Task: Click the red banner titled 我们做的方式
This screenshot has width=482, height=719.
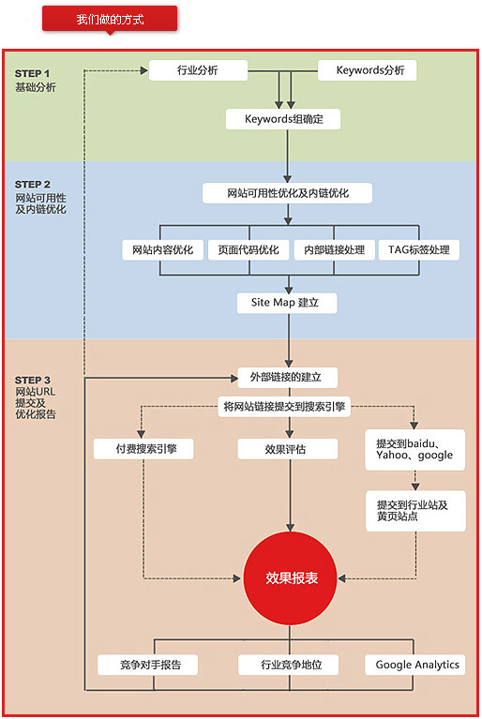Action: (110, 20)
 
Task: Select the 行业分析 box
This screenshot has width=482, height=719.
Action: (198, 70)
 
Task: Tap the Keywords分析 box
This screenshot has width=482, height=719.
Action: (368, 70)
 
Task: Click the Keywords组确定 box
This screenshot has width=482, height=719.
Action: (283, 119)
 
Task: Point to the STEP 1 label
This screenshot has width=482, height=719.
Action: (32, 73)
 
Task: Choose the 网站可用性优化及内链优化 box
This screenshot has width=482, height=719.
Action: (287, 193)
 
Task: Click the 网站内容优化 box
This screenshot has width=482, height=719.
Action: (163, 250)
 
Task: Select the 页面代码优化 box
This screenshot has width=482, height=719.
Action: (249, 250)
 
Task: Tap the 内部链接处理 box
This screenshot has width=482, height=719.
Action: (335, 250)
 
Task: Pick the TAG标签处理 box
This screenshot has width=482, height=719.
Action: (419, 250)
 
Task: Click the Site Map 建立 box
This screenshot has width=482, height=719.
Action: (287, 303)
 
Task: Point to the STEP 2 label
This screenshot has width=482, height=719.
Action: (33, 185)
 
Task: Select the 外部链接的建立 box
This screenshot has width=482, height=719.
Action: (288, 378)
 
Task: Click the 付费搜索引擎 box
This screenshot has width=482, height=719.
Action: (143, 449)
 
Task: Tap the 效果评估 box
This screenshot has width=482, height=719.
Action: (288, 449)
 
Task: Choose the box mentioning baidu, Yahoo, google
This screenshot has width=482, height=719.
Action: (415, 449)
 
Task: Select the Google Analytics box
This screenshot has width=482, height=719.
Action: (415, 665)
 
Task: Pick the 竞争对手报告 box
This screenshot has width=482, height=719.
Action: (147, 665)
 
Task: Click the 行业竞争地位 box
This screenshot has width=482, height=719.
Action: (289, 665)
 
